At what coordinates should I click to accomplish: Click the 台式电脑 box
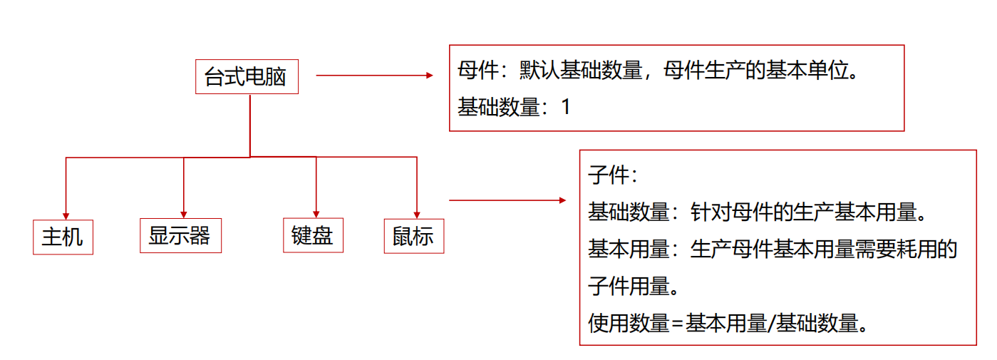tap(247, 76)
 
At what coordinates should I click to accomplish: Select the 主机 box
tap(63, 237)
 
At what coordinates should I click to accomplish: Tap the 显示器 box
tap(180, 235)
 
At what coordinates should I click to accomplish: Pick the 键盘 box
tap(312, 235)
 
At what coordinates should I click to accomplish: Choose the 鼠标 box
tap(413, 236)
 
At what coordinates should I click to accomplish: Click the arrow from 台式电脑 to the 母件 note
tap(374, 75)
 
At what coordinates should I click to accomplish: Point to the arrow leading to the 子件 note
tap(507, 200)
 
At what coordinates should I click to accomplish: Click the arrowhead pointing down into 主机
tap(66, 215)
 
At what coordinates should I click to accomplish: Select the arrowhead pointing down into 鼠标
tap(417, 213)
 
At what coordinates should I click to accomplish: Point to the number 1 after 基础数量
tap(566, 108)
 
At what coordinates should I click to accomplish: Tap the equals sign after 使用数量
tap(678, 324)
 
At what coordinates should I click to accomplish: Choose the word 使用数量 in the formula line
tap(629, 324)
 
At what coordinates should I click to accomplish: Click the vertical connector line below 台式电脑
tap(250, 125)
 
